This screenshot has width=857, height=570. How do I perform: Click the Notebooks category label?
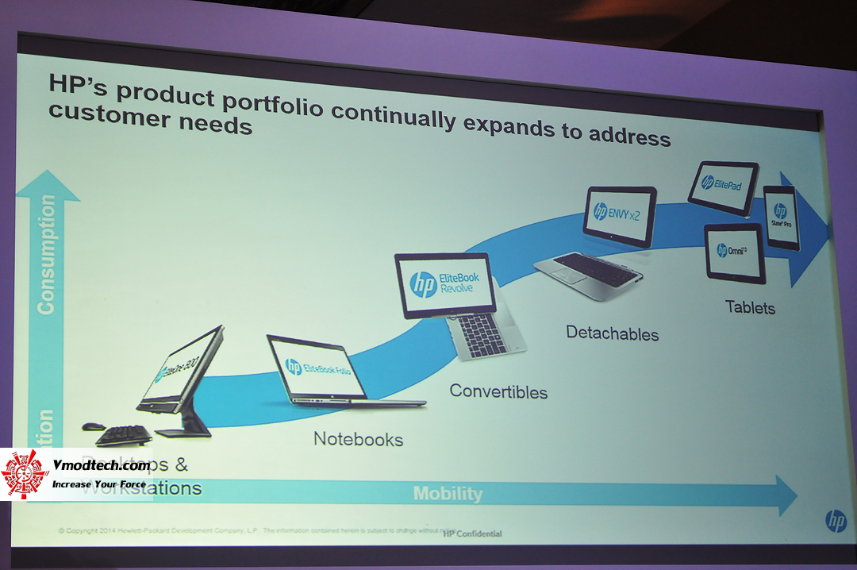click(x=358, y=438)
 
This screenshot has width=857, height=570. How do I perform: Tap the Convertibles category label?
click(x=498, y=391)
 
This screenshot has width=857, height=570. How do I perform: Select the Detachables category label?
click(x=612, y=333)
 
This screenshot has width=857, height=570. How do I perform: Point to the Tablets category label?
click(x=750, y=306)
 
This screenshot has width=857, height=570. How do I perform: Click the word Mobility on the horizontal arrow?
click(x=448, y=494)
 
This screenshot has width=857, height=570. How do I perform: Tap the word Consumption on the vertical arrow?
click(x=46, y=254)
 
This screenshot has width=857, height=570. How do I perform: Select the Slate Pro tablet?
click(x=782, y=216)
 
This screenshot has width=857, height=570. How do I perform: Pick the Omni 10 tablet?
click(x=735, y=252)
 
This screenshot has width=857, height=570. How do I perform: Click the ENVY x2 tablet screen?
click(x=620, y=214)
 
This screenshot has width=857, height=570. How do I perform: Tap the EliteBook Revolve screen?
click(x=445, y=284)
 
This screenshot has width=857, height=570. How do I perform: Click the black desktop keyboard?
click(x=123, y=434)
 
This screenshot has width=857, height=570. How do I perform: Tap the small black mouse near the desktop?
click(x=93, y=426)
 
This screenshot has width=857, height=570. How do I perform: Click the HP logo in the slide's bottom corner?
click(x=836, y=521)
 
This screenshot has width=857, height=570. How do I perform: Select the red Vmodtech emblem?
click(x=25, y=475)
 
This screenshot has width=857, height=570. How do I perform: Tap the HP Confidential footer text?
click(x=472, y=533)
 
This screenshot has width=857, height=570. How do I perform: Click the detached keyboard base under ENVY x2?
click(x=588, y=272)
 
